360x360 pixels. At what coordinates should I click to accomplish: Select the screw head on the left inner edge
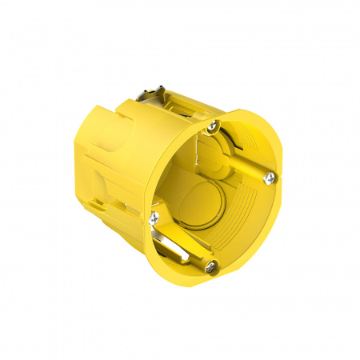[x=154, y=215]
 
